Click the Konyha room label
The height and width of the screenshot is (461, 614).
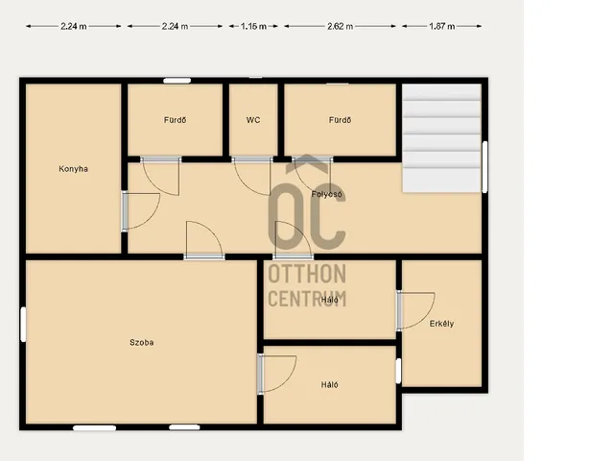pyautogui.click(x=73, y=169)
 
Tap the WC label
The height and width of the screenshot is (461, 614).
pyautogui.click(x=253, y=120)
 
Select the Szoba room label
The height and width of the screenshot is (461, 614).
pyautogui.click(x=141, y=342)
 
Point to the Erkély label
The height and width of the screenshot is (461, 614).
pyautogui.click(x=441, y=324)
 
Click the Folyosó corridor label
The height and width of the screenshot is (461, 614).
pyautogui.click(x=326, y=194)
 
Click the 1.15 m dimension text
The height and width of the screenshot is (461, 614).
pyautogui.click(x=253, y=26)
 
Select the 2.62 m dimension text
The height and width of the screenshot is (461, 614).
pyautogui.click(x=340, y=26)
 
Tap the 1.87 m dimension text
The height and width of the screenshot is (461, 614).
pyautogui.click(x=441, y=26)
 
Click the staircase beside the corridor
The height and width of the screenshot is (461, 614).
pyautogui.click(x=441, y=138)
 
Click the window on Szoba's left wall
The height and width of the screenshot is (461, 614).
pyautogui.click(x=23, y=325)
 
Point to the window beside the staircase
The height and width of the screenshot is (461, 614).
pyautogui.click(x=484, y=166)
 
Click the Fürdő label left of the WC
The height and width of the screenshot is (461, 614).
pyautogui.click(x=175, y=120)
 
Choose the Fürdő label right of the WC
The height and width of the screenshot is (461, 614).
pyautogui.click(x=340, y=120)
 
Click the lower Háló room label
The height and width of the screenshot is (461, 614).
pyautogui.click(x=330, y=385)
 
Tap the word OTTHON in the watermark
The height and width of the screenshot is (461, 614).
pyautogui.click(x=307, y=274)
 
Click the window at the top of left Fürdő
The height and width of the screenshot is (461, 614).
pyautogui.click(x=177, y=81)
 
